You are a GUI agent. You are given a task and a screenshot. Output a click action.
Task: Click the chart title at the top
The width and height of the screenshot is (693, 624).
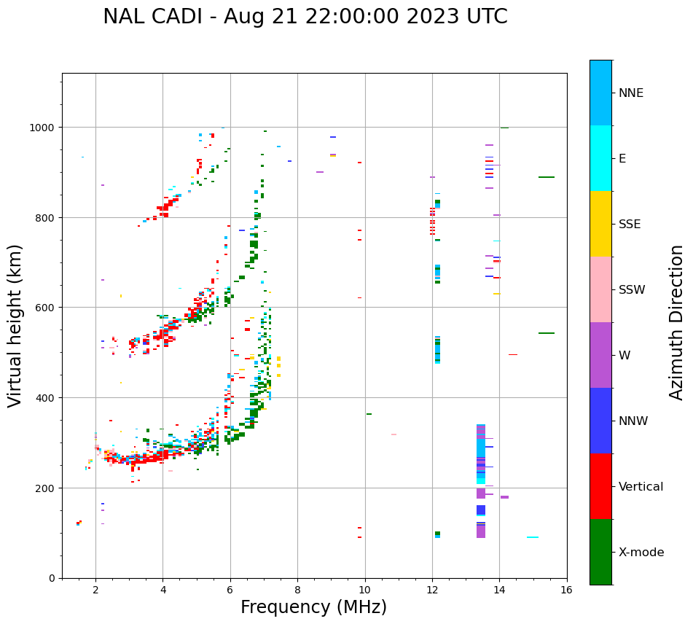[305, 17]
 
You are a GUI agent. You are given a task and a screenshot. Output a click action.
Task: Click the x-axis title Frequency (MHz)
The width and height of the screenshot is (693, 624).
[313, 607]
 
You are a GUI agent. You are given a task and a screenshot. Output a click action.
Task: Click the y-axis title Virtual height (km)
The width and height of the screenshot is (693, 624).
[15, 325]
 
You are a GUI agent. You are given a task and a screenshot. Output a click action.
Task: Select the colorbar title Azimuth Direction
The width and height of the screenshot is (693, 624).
[677, 322]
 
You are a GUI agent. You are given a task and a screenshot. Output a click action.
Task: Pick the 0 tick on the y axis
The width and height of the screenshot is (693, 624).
[52, 578]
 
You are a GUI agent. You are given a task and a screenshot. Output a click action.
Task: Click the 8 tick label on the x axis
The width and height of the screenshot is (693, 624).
[297, 590]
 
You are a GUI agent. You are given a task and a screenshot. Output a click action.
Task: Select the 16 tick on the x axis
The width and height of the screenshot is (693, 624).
[567, 590]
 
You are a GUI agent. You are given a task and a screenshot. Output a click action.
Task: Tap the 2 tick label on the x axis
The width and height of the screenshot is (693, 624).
[95, 590]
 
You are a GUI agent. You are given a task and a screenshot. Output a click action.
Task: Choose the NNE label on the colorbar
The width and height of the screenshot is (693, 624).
[631, 93]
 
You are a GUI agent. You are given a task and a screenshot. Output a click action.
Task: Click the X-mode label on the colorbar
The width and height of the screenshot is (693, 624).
[641, 553]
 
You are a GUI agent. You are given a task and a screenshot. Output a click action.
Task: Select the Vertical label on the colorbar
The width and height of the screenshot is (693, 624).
[641, 487]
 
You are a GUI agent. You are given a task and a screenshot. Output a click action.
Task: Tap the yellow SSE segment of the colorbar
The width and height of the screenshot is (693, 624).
[600, 224]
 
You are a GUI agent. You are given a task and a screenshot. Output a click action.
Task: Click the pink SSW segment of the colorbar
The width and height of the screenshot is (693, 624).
[600, 289]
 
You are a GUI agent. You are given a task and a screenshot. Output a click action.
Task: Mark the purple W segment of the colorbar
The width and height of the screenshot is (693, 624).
[600, 355]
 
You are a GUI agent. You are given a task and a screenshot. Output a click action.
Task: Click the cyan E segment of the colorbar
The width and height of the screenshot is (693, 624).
[600, 158]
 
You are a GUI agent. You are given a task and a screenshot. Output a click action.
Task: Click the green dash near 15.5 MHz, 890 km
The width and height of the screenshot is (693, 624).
[547, 177]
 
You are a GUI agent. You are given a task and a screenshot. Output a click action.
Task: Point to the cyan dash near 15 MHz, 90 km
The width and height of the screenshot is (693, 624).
[533, 537]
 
